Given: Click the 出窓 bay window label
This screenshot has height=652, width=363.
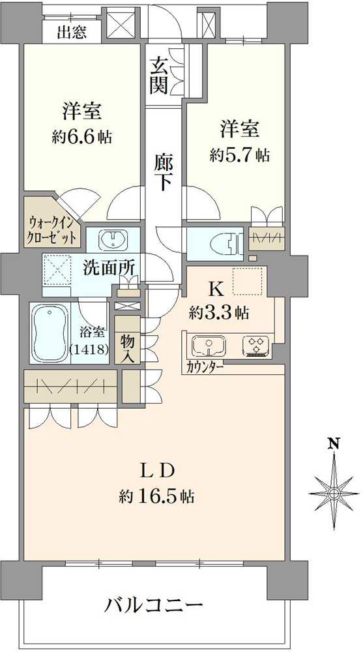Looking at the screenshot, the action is tap(72, 33).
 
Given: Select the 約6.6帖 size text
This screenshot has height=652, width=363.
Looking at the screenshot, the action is tap(82, 136).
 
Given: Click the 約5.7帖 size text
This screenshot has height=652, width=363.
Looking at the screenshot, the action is tap(240, 155).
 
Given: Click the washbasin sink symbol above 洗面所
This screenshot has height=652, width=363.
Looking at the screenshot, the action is tap(113, 239).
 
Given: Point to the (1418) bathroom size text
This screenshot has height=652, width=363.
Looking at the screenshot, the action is tap(90, 348).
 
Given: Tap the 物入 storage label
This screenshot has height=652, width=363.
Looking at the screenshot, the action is tap(127, 344).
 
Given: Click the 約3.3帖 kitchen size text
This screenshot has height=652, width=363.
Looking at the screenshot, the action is tap(219, 312).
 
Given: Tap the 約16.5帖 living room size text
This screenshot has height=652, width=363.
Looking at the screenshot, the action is tap(156, 496).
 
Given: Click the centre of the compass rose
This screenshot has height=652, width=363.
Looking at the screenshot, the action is tap(334, 493).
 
